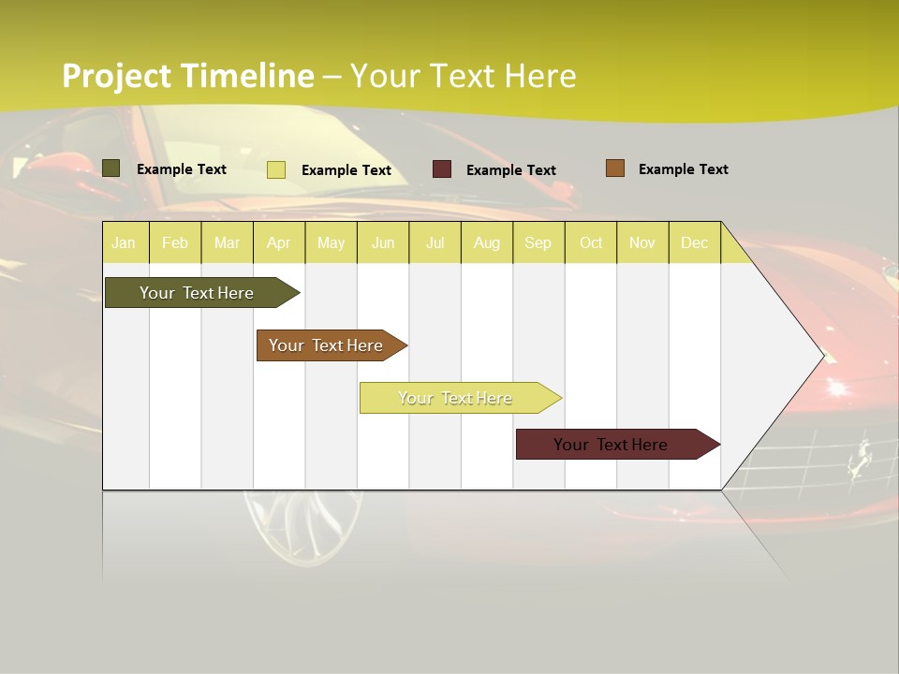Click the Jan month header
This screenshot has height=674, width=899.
click(x=124, y=242)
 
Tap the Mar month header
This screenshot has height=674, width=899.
click(x=227, y=242)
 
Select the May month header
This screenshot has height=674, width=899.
click(x=331, y=242)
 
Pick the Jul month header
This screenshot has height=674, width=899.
click(x=435, y=242)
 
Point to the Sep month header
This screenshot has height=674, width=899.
click(x=538, y=242)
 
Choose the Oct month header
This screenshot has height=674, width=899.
click(x=591, y=242)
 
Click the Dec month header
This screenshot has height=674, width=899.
click(x=694, y=242)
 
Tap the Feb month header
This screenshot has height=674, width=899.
click(x=175, y=242)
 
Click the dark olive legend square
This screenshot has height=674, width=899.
click(x=111, y=168)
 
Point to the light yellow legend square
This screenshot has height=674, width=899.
click(x=276, y=169)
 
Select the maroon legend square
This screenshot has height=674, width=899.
click(x=442, y=169)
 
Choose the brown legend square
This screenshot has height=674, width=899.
click(x=614, y=168)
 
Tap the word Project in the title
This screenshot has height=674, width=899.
click(x=117, y=76)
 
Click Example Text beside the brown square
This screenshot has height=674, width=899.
click(x=683, y=169)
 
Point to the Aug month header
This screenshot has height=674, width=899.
click(x=486, y=242)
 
